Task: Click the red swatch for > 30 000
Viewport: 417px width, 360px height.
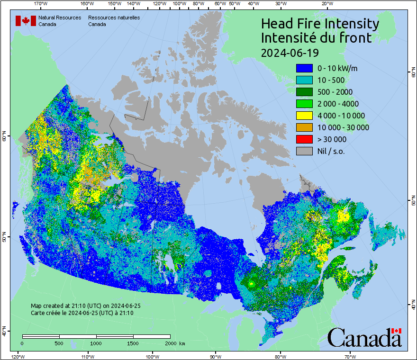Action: coord(304,139)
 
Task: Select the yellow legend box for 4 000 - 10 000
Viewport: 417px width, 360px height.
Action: coord(304,116)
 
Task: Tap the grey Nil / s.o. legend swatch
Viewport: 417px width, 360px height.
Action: coord(304,151)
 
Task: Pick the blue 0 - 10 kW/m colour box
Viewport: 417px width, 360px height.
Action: coord(304,68)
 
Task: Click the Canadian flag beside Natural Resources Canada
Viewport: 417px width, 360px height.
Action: coord(26,21)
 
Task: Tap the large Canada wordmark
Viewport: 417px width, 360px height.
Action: coord(364,337)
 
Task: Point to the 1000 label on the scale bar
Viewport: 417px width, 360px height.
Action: coord(96,343)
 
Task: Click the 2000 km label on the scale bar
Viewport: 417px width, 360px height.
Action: coord(174,343)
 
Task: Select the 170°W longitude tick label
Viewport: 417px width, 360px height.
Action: coord(41,3)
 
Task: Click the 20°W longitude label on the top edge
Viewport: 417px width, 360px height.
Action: coord(326,3)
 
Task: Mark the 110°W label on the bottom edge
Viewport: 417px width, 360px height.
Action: coord(87,356)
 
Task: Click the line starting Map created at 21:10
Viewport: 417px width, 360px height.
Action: coord(85,306)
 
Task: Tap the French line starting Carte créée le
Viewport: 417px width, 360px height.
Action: coord(82,313)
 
